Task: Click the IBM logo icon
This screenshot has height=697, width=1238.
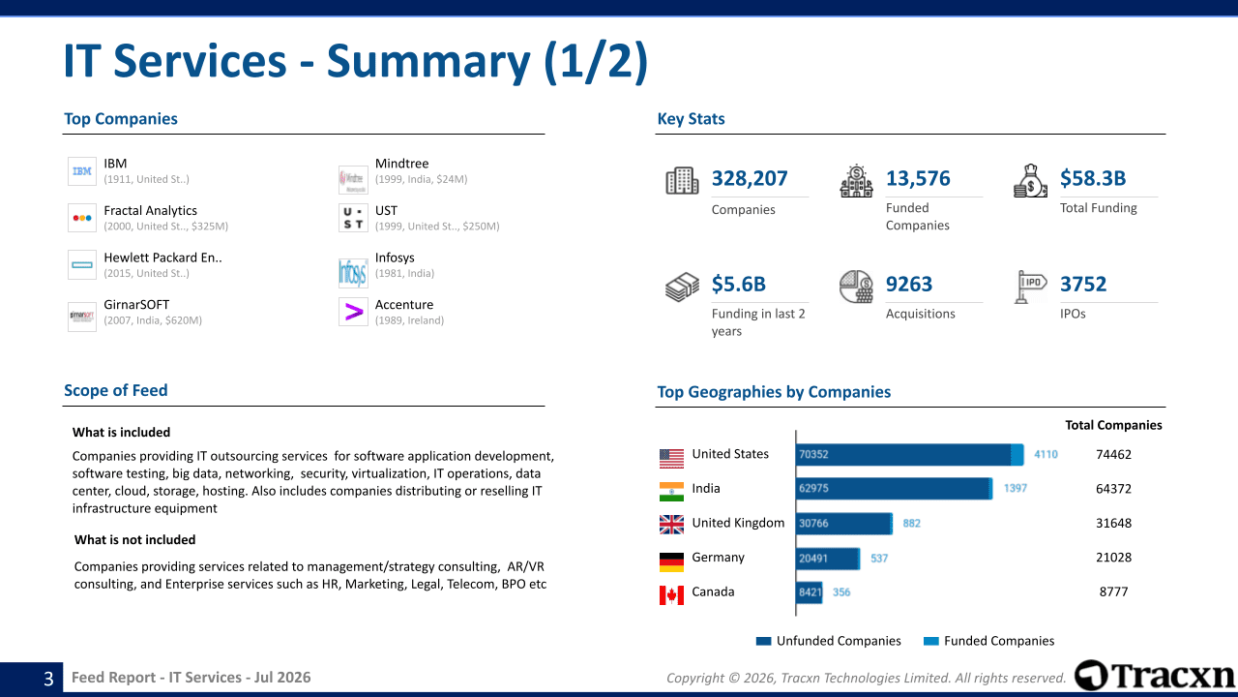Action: tap(82, 171)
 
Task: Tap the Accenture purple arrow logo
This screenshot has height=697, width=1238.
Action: tap(353, 312)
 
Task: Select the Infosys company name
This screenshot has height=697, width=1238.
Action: tap(395, 258)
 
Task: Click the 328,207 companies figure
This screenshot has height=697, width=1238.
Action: tap(750, 178)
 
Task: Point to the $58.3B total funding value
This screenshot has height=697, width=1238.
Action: tap(1093, 178)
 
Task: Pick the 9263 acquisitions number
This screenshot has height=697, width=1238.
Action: tap(909, 284)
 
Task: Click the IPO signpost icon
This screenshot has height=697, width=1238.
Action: tap(1030, 287)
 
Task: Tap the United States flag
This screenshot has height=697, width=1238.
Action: tap(671, 459)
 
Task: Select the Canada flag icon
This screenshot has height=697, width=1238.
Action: tap(671, 595)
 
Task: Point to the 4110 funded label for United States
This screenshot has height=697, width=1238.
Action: tap(1046, 455)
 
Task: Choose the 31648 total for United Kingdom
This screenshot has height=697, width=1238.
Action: tap(1113, 524)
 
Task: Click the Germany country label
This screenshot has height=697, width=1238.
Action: tap(718, 557)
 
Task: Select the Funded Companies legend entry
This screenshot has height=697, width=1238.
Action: tap(988, 641)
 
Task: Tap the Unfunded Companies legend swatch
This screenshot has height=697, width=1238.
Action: tap(763, 641)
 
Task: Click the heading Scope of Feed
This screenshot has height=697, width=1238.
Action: tap(115, 390)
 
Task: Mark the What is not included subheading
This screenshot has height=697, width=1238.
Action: tap(134, 540)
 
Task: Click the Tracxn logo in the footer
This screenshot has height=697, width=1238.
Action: tap(1155, 676)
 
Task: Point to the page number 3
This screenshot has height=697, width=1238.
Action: tap(48, 679)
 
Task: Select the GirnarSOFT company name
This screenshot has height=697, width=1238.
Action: tap(136, 305)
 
